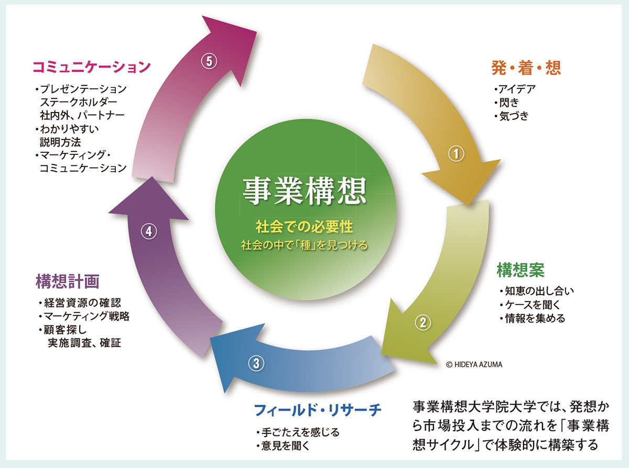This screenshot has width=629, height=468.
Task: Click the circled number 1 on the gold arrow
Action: point(456,154)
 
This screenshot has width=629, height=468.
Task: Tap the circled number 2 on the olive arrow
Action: point(423,322)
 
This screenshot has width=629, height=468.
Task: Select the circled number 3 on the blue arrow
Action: point(256,363)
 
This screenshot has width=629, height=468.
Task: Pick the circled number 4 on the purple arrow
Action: point(149,232)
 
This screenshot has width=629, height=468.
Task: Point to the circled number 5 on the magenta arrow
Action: point(209,61)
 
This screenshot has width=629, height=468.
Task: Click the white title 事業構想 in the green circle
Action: point(305,191)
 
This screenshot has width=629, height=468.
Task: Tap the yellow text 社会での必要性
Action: point(305,227)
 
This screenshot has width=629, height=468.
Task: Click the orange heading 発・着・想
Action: point(526,68)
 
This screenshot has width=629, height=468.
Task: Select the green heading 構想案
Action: point(520,270)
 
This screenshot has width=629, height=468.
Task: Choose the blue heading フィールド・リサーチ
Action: point(318,410)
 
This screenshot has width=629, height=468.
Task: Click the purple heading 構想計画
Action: point(68,281)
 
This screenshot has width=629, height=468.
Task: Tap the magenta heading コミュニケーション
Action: point(92,68)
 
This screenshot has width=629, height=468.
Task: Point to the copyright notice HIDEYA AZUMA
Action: point(474,364)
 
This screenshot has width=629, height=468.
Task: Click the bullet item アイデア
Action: point(515,89)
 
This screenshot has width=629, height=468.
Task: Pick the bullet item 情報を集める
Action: point(533,318)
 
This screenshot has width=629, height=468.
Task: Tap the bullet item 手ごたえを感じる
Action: point(298,432)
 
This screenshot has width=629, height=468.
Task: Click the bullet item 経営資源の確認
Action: point(80,303)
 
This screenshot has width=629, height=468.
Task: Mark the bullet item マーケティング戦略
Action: point(84,316)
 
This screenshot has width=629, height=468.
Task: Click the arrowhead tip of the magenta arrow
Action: point(257,32)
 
